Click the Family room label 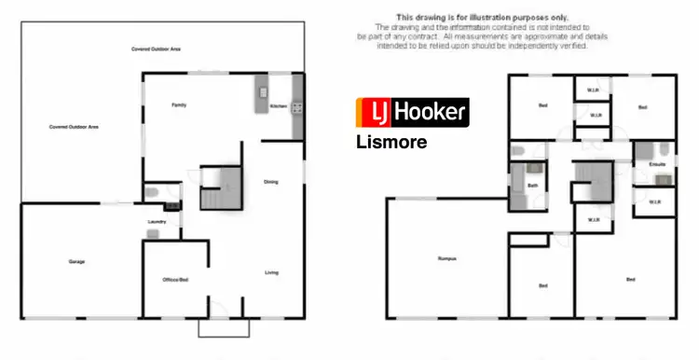point(179,105)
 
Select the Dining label point(271,182)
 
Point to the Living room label point(271,272)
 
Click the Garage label point(76,261)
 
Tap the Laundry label point(156,221)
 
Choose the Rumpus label point(445,258)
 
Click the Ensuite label point(657,163)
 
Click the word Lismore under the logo point(391,143)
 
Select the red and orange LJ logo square point(373,113)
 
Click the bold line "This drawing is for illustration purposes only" point(469,17)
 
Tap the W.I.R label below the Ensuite point(654,201)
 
